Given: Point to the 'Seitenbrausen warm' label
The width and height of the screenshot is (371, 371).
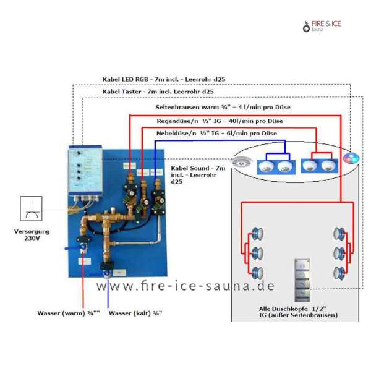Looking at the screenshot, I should click(x=223, y=108).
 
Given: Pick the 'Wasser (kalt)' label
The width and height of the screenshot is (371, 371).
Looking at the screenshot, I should click(x=135, y=313).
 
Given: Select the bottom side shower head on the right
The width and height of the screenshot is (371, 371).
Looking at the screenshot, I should click(x=339, y=271).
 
